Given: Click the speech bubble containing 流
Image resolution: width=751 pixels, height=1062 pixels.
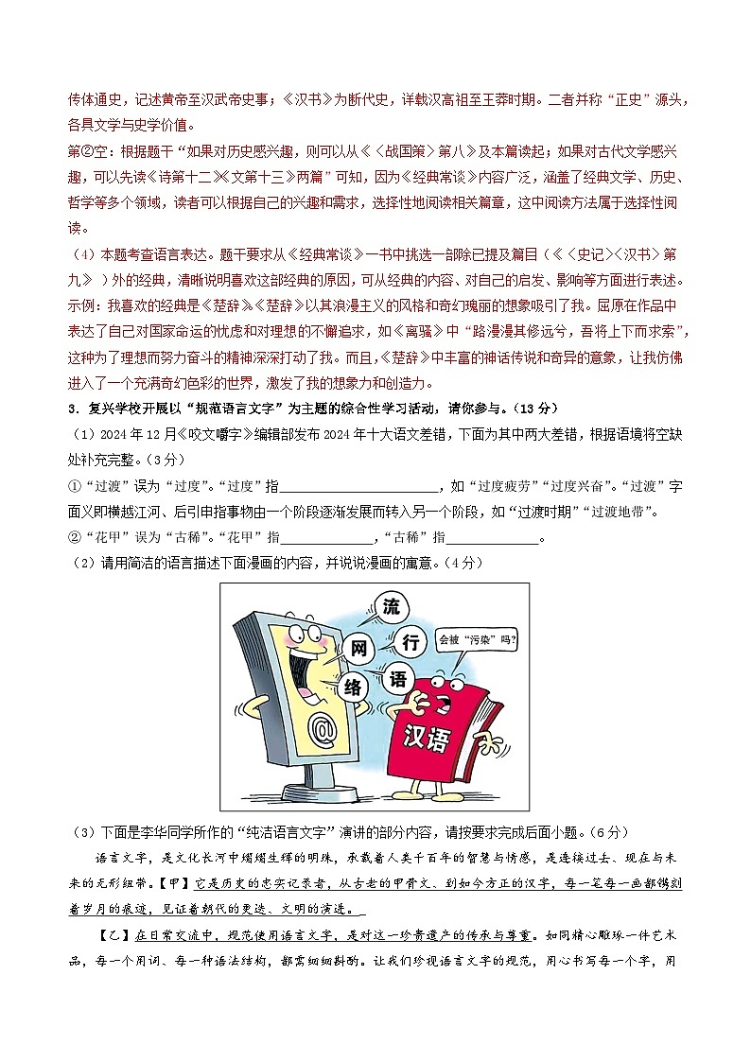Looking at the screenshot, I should tap(391, 608).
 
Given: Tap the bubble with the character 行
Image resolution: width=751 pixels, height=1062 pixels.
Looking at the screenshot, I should tap(410, 644).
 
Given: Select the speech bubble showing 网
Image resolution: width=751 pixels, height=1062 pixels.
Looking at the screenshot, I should tap(358, 649).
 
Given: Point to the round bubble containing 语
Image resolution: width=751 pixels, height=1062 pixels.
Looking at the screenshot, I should tap(398, 679).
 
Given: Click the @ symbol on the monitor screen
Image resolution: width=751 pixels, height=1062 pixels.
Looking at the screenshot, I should tap(323, 729).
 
